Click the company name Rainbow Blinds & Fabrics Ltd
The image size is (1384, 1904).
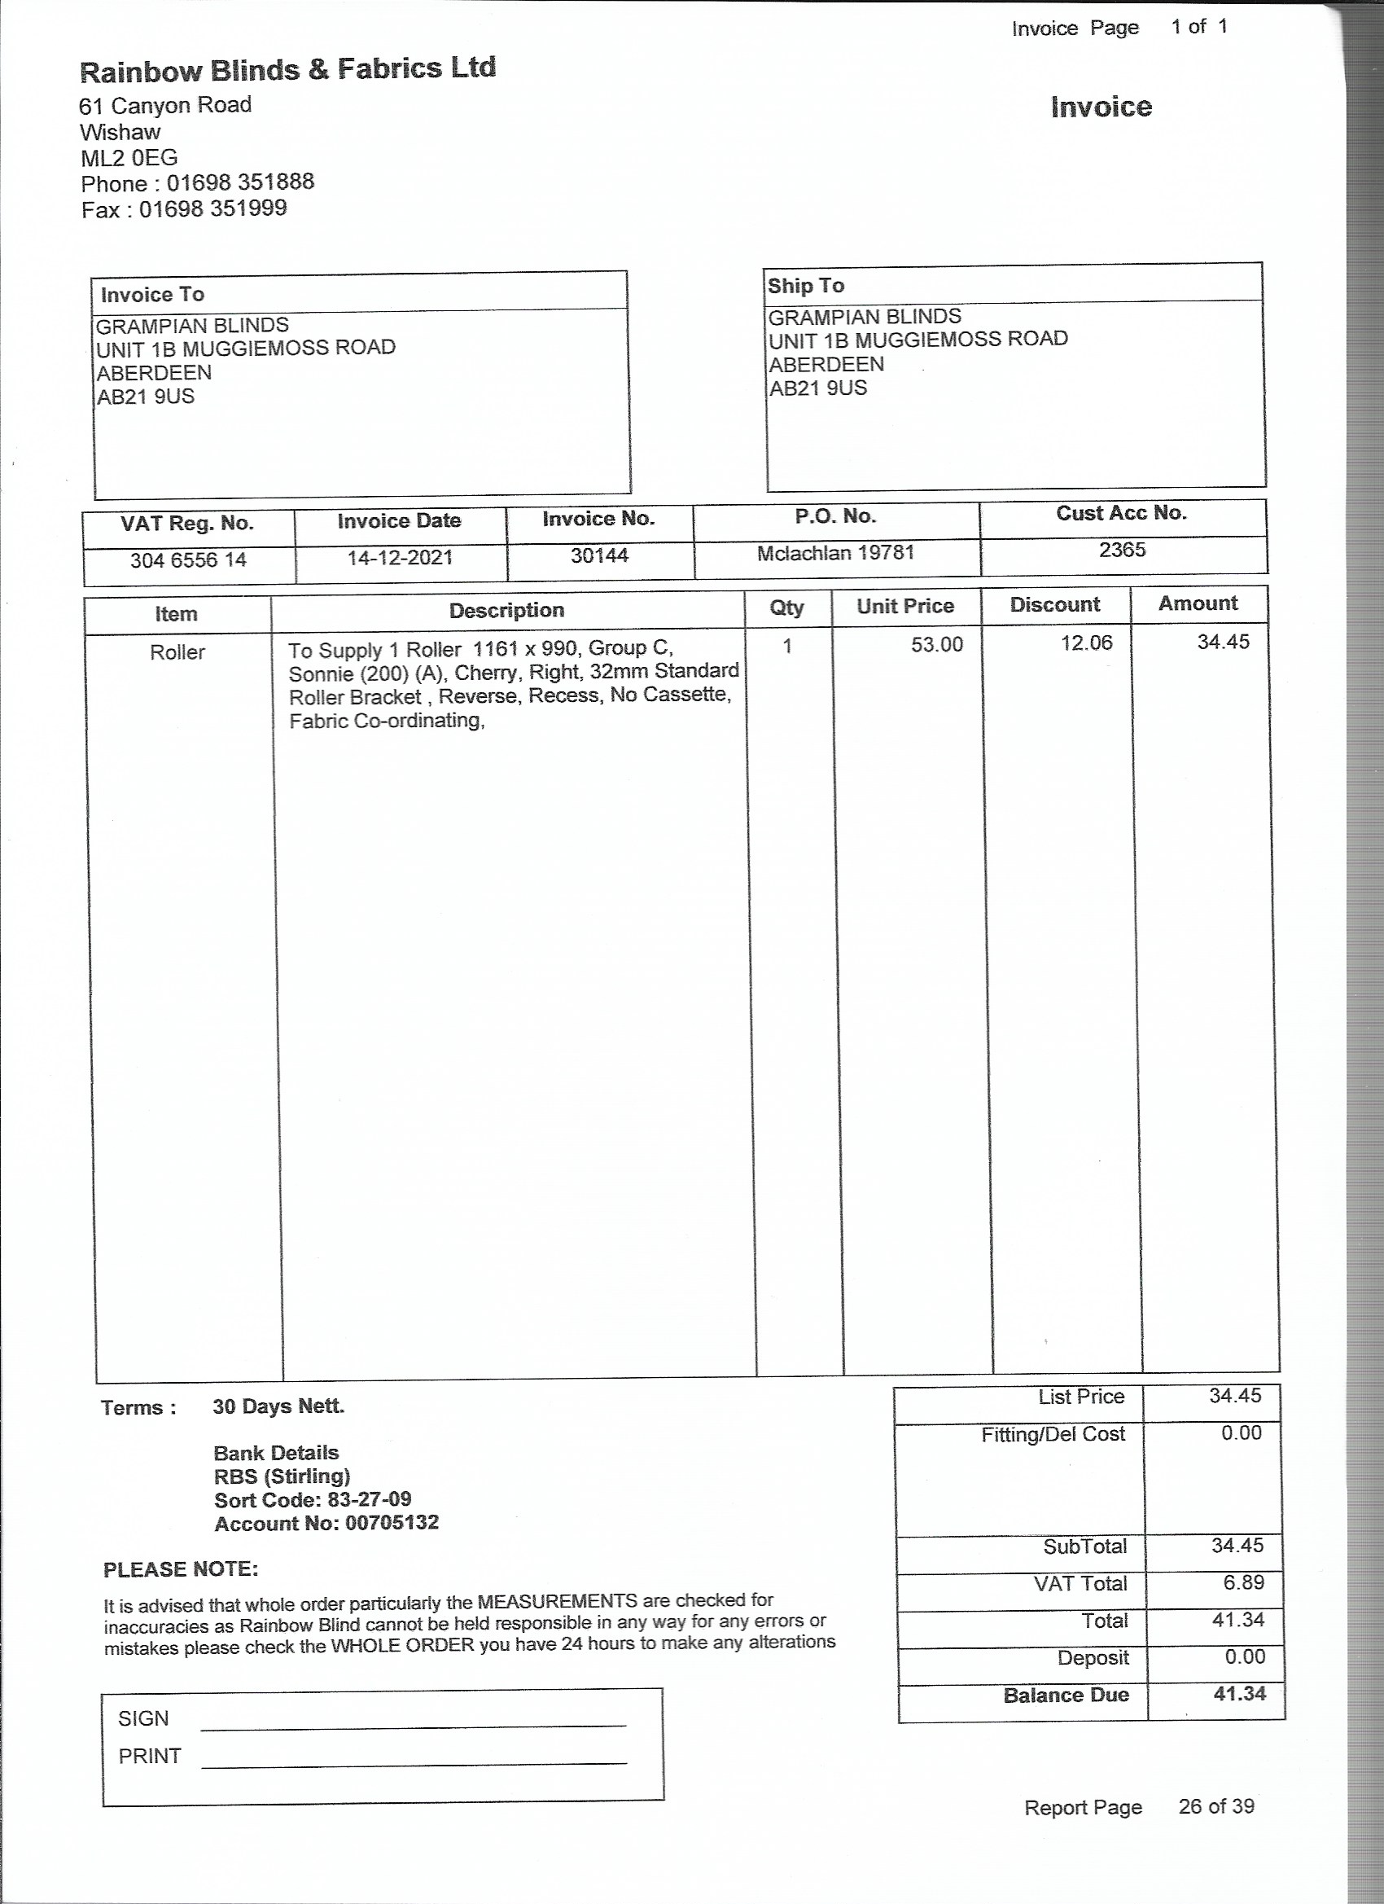click(x=287, y=70)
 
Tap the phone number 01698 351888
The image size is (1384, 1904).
click(x=240, y=182)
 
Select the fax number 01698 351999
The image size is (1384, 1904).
click(x=212, y=208)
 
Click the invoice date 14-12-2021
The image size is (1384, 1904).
click(x=400, y=557)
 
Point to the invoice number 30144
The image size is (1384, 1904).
click(x=599, y=555)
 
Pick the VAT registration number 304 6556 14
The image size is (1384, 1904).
click(x=188, y=560)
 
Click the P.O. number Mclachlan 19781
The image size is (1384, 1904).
click(x=835, y=552)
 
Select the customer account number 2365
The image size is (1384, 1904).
click(x=1122, y=549)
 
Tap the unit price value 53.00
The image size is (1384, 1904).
click(x=937, y=644)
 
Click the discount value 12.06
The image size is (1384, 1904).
click(x=1086, y=643)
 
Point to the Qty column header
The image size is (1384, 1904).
click(x=786, y=607)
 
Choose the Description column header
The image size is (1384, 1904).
click(x=506, y=610)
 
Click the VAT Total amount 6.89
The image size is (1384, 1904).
click(x=1243, y=1582)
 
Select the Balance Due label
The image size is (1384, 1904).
click(x=1066, y=1694)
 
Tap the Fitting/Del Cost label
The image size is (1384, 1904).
click(x=1053, y=1434)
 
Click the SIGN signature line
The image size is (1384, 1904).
click(x=413, y=1724)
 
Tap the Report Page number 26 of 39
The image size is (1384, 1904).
click(x=1215, y=1805)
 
